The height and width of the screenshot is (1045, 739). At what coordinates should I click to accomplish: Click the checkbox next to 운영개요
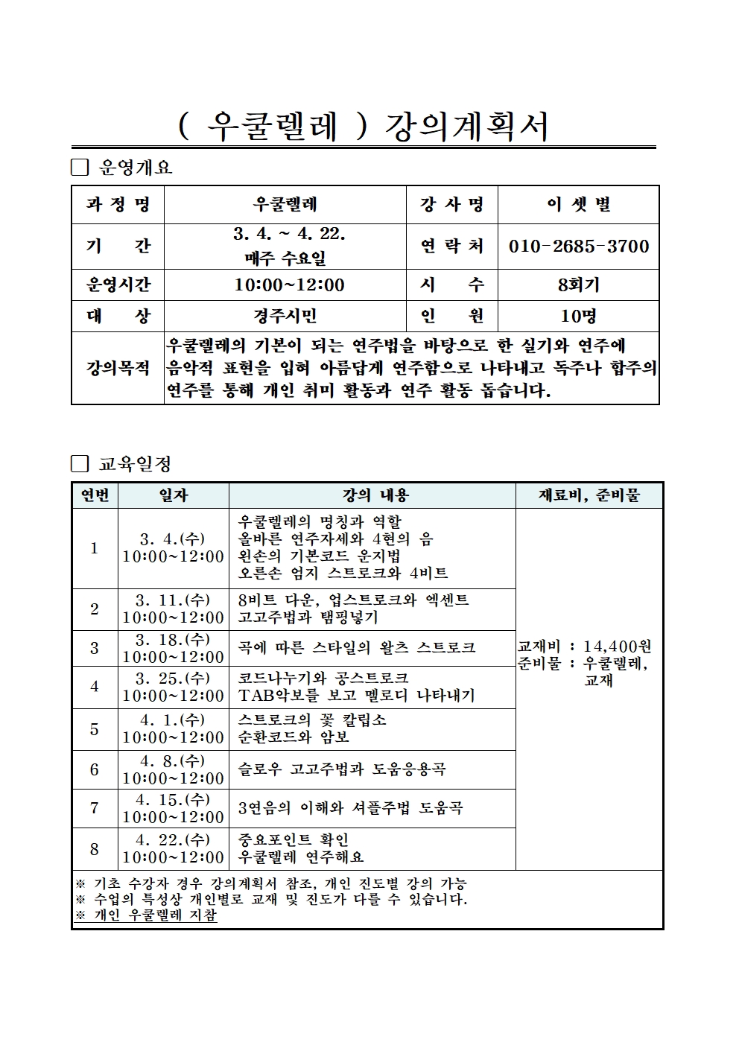click(80, 168)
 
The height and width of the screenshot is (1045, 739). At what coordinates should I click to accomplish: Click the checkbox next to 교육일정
click(80, 464)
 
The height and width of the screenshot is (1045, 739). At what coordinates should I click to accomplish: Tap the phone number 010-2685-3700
click(578, 247)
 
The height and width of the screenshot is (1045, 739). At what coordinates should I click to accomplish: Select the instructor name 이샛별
click(578, 205)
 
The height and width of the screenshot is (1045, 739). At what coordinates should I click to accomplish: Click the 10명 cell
click(578, 316)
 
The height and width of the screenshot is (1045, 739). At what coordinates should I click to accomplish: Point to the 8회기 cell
click(578, 285)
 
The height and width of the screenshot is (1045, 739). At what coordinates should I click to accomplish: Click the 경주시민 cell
click(285, 316)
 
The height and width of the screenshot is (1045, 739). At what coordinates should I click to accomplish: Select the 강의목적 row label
click(118, 368)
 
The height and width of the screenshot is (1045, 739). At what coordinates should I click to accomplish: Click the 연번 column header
click(95, 495)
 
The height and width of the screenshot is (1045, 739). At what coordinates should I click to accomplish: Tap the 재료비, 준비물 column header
click(589, 495)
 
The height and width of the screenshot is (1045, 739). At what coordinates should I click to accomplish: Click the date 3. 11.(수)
click(173, 600)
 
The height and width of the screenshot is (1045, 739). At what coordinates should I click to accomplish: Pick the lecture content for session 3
click(356, 648)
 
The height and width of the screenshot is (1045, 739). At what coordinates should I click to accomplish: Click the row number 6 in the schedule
click(95, 769)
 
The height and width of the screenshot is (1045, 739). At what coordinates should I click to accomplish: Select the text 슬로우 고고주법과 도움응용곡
click(342, 769)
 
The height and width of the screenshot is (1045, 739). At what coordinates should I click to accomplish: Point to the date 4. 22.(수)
click(173, 840)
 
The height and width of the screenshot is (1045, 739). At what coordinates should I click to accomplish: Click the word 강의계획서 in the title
click(466, 127)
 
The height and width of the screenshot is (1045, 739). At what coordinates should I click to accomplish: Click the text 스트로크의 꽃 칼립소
click(312, 720)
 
